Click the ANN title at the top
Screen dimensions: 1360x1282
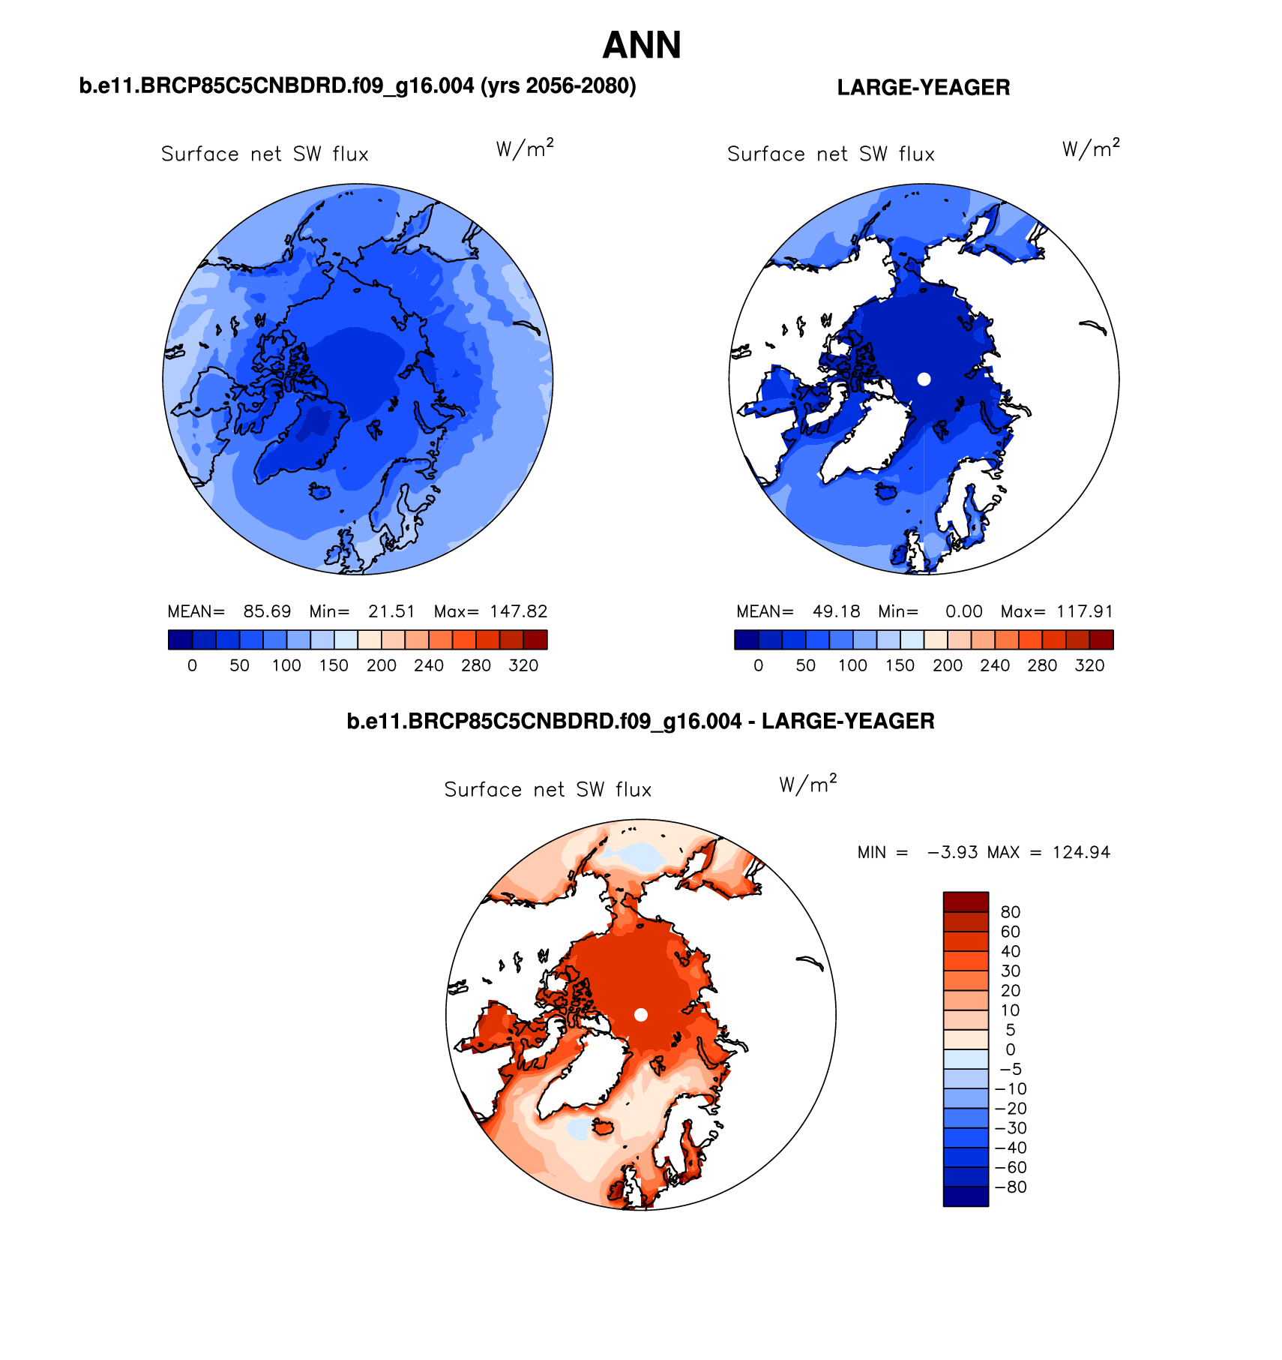click(x=642, y=46)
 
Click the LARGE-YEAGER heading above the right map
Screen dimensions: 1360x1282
click(x=923, y=88)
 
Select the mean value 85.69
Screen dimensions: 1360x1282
click(x=267, y=611)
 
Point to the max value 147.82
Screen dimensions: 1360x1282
click(x=519, y=611)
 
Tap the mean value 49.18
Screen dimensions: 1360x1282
click(x=836, y=611)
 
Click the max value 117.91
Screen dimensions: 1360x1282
click(x=1085, y=611)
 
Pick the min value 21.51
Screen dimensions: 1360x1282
click(x=391, y=611)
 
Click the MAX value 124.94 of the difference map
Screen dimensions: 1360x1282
click(x=1081, y=852)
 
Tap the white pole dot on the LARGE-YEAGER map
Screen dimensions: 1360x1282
click(x=924, y=380)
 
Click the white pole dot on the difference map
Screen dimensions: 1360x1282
click(x=641, y=1015)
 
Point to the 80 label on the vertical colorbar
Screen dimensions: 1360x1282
click(x=1010, y=912)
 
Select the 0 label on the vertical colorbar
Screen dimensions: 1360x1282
click(x=1010, y=1049)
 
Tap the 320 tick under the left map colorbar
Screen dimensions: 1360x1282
click(x=523, y=665)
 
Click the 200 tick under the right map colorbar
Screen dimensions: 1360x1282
click(x=948, y=665)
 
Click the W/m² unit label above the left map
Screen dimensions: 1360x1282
click(x=525, y=149)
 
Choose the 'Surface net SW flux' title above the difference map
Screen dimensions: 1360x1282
click(x=548, y=790)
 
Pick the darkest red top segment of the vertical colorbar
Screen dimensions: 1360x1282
click(x=966, y=901)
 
